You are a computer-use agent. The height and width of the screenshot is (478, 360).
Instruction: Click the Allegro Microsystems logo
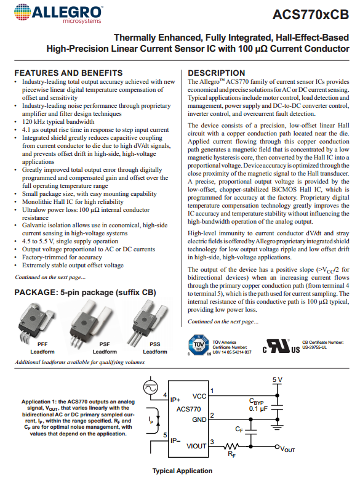(58, 14)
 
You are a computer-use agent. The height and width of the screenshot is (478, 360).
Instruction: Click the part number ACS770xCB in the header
(311, 14)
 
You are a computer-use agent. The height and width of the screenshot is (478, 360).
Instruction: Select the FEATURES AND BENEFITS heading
(68, 73)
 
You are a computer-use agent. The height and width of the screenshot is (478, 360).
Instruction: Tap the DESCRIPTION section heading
(216, 73)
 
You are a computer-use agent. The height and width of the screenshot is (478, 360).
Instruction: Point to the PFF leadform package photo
(37, 320)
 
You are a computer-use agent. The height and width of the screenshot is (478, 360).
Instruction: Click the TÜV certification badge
(199, 345)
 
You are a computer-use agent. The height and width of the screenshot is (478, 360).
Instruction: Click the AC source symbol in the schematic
(150, 388)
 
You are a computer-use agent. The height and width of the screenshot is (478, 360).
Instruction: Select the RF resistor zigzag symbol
(231, 447)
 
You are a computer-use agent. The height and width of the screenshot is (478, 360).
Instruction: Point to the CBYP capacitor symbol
(277, 407)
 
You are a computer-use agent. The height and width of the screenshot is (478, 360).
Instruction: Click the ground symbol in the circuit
(277, 426)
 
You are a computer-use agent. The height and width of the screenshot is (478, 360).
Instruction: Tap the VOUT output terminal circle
(277, 447)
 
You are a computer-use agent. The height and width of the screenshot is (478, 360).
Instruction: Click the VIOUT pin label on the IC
(196, 447)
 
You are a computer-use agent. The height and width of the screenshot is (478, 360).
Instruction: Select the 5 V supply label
(277, 379)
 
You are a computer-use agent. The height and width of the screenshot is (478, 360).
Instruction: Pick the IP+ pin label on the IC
(175, 400)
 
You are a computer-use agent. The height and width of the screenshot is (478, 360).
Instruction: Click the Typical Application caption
(182, 471)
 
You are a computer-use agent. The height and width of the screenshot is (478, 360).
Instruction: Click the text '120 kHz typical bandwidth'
(58, 121)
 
